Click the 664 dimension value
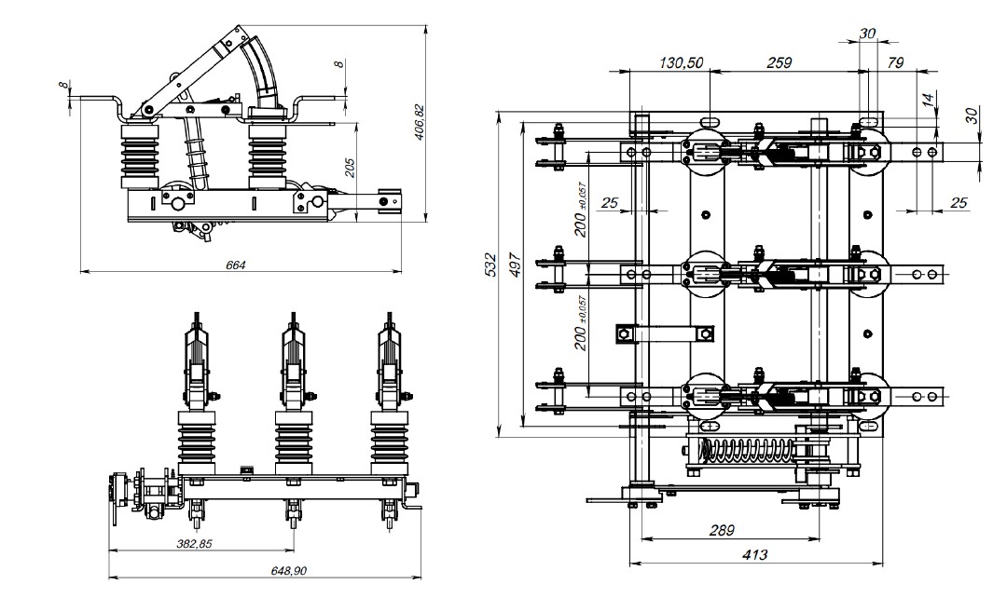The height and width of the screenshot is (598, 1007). (x=236, y=265)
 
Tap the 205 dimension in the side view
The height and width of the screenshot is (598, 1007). (x=349, y=167)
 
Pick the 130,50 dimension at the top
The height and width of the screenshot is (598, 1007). (x=682, y=62)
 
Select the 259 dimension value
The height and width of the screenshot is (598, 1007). (x=779, y=62)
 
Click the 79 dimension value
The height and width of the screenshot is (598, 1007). (x=897, y=62)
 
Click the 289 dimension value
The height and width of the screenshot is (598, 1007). (x=720, y=530)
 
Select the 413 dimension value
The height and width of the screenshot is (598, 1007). (x=754, y=555)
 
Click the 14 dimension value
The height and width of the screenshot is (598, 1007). (x=928, y=99)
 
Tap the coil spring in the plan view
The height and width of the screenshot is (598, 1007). (x=746, y=453)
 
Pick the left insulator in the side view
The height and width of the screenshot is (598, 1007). (x=140, y=154)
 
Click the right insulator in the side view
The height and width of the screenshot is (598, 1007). (x=268, y=154)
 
